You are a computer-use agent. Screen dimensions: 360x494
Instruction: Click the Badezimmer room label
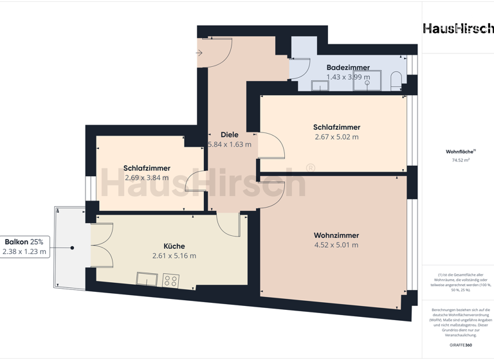click(x=348, y=67)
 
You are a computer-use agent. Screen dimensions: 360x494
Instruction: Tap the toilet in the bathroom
click(x=396, y=80)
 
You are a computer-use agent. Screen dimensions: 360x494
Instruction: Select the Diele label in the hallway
click(x=230, y=135)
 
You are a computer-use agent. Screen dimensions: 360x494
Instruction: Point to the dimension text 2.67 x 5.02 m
click(x=336, y=137)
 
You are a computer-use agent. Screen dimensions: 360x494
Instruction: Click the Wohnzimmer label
click(x=336, y=235)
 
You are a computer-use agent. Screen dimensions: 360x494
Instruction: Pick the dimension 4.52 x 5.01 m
click(x=336, y=245)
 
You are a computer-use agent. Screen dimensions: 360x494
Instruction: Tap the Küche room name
click(x=174, y=246)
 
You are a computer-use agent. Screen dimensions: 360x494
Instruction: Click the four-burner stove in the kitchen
click(x=171, y=280)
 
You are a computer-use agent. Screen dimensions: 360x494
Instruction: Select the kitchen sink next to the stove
click(x=147, y=279)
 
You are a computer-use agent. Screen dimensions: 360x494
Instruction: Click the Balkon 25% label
click(x=24, y=242)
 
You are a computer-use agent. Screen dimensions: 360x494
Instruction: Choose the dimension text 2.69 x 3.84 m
click(x=147, y=178)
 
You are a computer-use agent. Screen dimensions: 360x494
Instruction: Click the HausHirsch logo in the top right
click(x=458, y=28)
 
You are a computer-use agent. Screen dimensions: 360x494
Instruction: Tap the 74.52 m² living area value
click(x=461, y=160)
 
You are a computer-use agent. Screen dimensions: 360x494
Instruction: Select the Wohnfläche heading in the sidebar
click(x=460, y=152)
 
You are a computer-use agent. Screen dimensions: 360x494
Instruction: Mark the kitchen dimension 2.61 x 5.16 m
click(x=174, y=256)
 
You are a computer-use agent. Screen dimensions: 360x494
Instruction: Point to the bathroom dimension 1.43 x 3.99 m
click(x=348, y=77)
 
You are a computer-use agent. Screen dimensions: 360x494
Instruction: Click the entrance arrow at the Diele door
click(x=199, y=53)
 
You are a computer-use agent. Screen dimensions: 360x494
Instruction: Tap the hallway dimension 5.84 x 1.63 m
click(x=230, y=145)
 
